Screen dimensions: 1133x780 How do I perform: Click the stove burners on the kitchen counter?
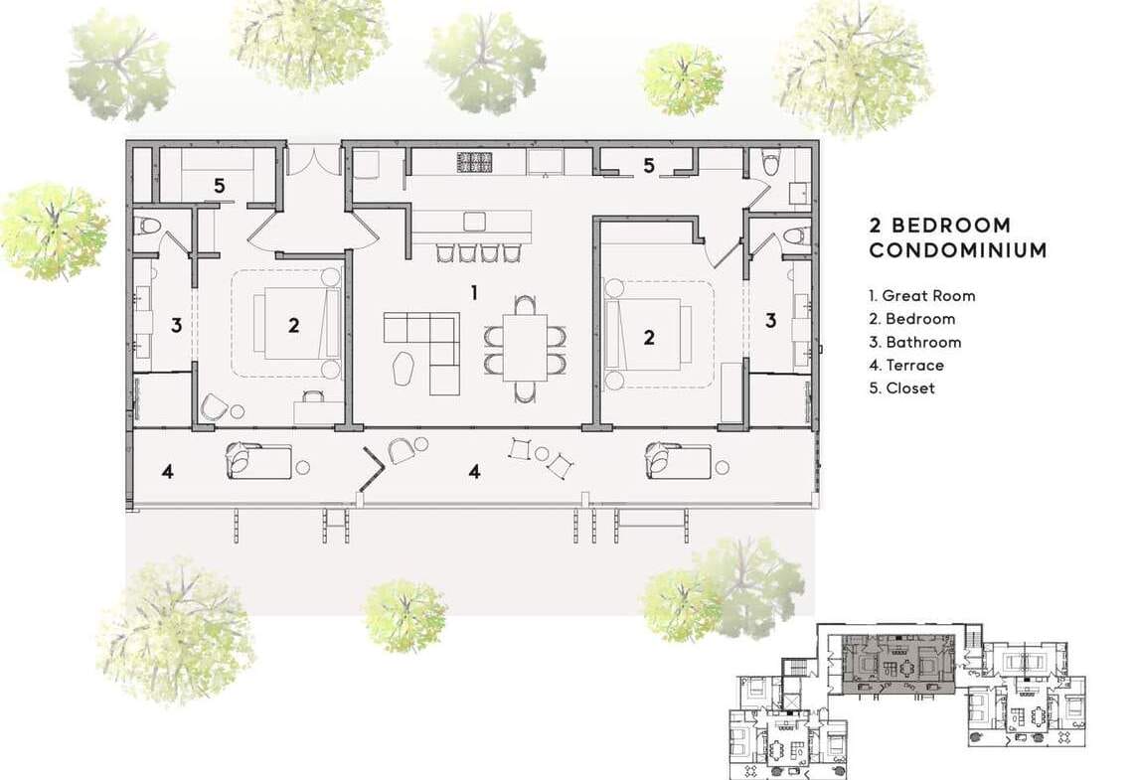[x=475, y=162]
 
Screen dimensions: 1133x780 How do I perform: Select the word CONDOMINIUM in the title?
[x=958, y=250]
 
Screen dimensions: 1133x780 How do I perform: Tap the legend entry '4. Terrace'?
[x=906, y=365]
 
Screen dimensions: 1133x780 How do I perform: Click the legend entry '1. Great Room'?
[x=922, y=295]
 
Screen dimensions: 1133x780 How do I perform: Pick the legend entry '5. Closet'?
[x=901, y=388]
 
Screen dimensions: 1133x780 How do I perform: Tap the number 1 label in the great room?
[x=474, y=292]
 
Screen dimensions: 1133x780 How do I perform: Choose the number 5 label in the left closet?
[x=219, y=187]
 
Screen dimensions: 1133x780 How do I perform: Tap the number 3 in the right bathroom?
[x=771, y=320]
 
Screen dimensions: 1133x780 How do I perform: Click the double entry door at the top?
[x=314, y=160]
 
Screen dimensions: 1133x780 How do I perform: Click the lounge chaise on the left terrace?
[x=258, y=461]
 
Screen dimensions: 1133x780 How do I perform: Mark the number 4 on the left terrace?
[x=168, y=472]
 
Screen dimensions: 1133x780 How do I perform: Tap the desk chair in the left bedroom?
[x=314, y=395]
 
